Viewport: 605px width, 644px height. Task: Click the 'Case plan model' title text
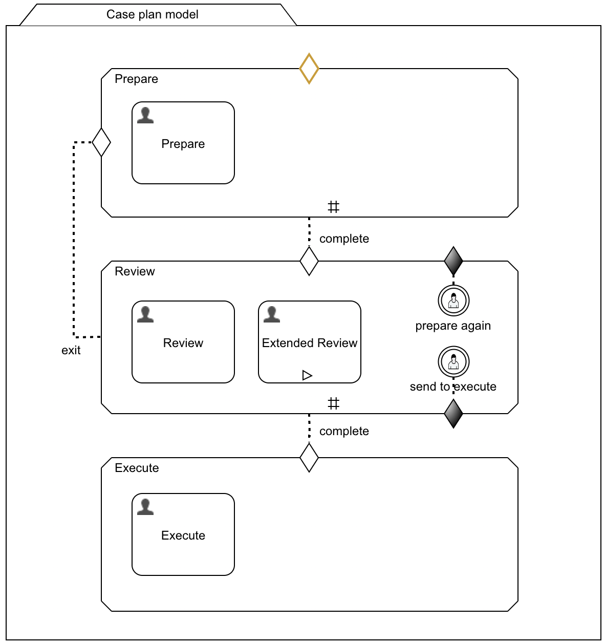coord(152,14)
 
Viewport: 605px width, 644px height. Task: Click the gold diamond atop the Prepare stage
coord(309,68)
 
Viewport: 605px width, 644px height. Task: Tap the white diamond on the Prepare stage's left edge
coord(101,142)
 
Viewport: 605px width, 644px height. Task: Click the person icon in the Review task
coord(145,314)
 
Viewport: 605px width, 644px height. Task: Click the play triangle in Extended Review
coord(307,375)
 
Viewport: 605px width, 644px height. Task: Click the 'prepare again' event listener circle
coord(453,300)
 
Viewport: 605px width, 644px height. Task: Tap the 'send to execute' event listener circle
coord(453,361)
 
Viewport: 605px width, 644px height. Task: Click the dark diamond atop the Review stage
coord(453,261)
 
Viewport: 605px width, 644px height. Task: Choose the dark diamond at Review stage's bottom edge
coord(453,413)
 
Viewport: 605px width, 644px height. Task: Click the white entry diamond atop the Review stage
coord(309,261)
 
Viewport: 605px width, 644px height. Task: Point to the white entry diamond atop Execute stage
coord(309,458)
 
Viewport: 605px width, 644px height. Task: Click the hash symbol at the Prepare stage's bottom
coord(334,207)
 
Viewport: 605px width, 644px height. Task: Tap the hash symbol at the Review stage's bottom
coord(334,404)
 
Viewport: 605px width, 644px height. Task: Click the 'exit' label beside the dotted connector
coord(71,350)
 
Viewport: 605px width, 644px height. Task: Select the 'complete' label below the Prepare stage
coord(344,239)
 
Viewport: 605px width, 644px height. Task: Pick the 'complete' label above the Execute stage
coord(344,431)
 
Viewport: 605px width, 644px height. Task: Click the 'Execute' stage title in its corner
coord(137,468)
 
